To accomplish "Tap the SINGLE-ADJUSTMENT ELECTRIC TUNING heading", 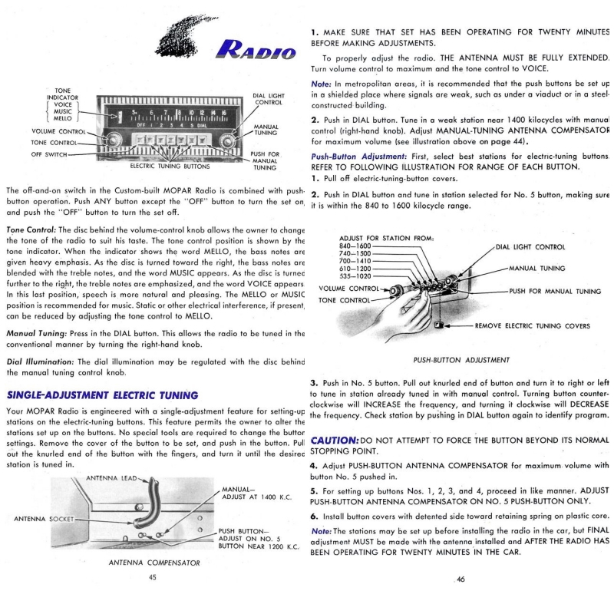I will click(x=103, y=395).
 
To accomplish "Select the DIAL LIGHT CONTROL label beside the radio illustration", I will click(x=269, y=99).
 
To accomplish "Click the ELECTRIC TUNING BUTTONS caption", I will click(x=170, y=166).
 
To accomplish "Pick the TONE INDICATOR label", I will click(x=59, y=94).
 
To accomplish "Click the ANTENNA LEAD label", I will click(x=114, y=478).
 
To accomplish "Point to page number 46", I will click(x=460, y=579).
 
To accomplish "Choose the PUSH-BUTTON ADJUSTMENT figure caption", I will click(x=460, y=358).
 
